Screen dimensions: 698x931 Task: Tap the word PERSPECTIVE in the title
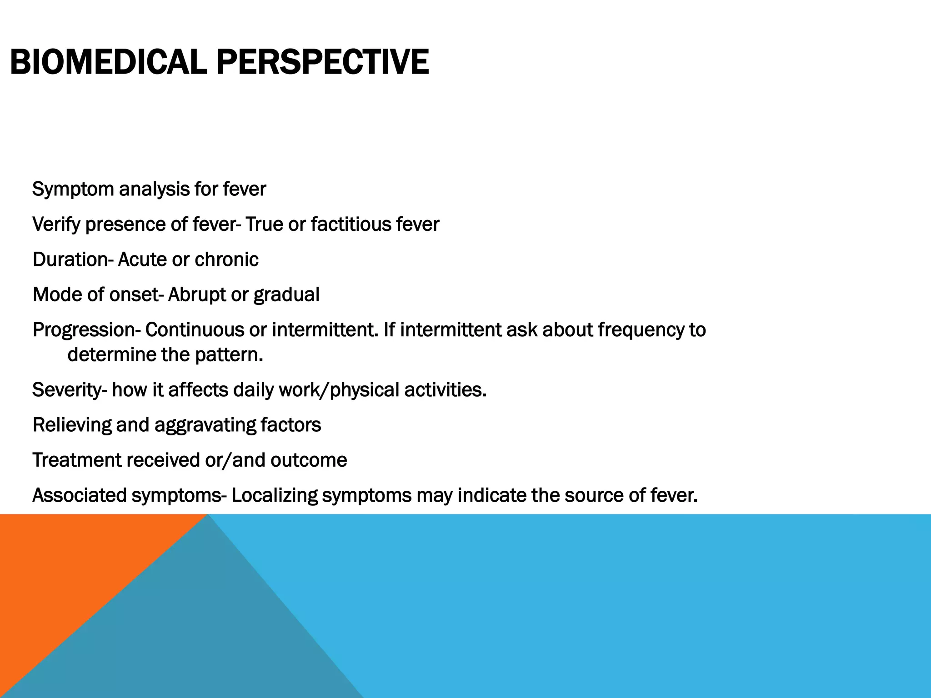pos(322,62)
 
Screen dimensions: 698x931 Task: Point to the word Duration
pos(70,260)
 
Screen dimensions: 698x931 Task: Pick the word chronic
pos(226,260)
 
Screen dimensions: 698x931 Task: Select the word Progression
pos(84,330)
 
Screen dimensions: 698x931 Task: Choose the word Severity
pos(67,390)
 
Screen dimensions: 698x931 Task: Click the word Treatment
pos(76,460)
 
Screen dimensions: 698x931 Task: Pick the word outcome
pos(309,460)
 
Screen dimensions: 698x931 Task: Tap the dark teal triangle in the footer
pos(205,636)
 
